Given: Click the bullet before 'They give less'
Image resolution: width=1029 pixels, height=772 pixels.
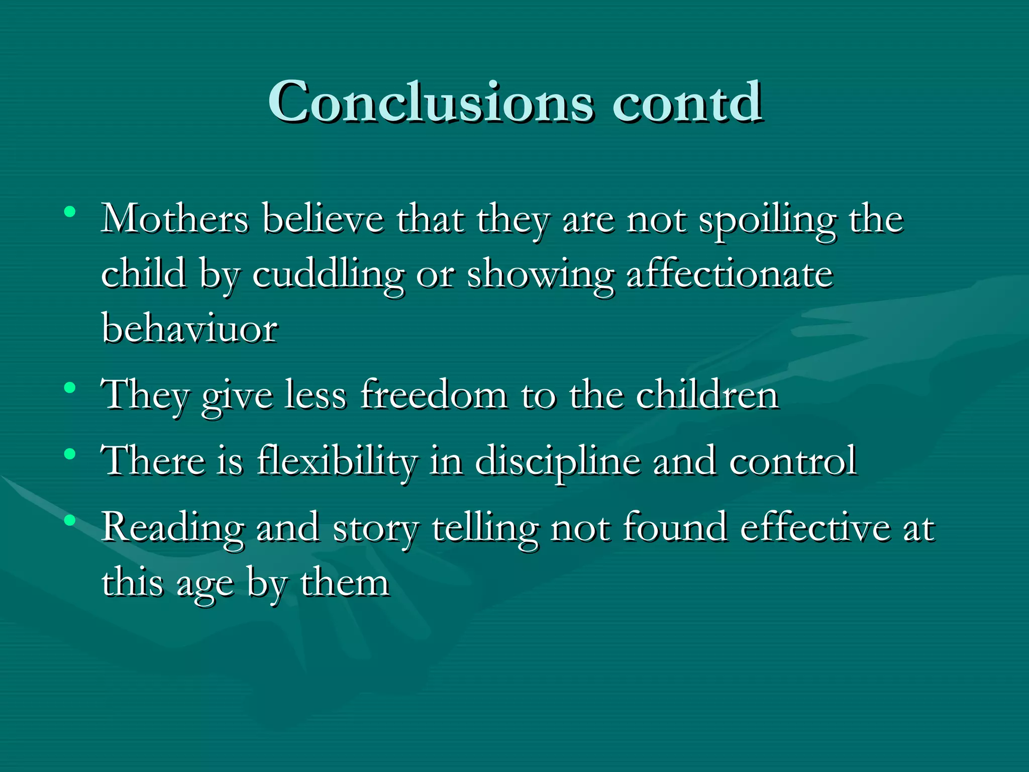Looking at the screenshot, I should tap(70, 388).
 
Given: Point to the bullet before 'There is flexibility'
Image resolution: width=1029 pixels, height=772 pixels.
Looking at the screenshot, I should tap(70, 454).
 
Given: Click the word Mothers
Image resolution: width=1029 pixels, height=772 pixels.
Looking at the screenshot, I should tap(175, 219).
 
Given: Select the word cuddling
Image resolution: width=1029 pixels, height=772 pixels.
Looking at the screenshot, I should tap(328, 275).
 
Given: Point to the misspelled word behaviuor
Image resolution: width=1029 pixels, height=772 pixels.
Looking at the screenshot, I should tap(189, 329).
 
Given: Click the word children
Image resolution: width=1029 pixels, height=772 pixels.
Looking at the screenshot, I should tap(707, 395).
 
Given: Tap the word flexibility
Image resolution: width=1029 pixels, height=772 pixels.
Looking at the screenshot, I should tap(337, 461).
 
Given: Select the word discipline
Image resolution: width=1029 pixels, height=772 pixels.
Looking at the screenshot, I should tap(558, 461).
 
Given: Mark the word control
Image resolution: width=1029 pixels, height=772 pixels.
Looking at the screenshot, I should tap(793, 461).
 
